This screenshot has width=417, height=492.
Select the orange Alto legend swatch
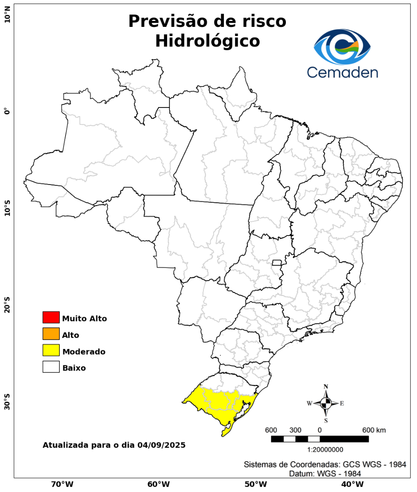[51, 334]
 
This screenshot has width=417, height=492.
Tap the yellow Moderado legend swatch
[51, 350]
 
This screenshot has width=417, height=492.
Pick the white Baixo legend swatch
[51, 367]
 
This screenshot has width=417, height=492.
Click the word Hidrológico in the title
[208, 41]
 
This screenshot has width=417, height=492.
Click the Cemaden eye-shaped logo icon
[342, 46]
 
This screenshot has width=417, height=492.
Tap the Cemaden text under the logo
[342, 72]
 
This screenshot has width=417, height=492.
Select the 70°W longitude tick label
[62, 484]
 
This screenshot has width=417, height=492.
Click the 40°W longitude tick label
[351, 484]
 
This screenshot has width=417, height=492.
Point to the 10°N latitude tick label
[7, 18]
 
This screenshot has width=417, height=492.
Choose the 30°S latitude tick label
[7, 399]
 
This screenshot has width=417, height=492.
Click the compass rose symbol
[326, 403]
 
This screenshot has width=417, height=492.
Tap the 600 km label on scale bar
[374, 430]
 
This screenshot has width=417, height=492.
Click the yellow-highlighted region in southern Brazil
[219, 403]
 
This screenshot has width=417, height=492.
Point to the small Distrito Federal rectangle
[277, 262]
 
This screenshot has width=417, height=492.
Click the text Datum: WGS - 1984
[325, 474]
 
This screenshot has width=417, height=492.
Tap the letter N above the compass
[326, 387]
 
